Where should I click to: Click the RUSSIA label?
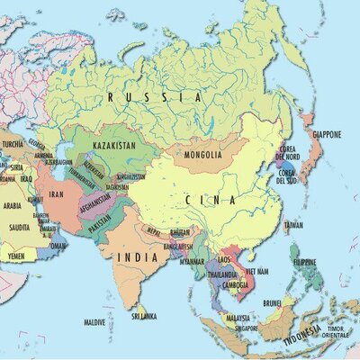[154, 94]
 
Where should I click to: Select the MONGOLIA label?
[202, 155]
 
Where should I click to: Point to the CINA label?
[211, 200]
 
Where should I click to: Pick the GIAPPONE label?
[326, 135]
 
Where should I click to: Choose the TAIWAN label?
[293, 225]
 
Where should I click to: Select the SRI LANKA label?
[145, 317]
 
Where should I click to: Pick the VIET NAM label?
[257, 270]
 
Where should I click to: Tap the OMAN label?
[58, 245]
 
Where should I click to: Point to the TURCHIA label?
[13, 144]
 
